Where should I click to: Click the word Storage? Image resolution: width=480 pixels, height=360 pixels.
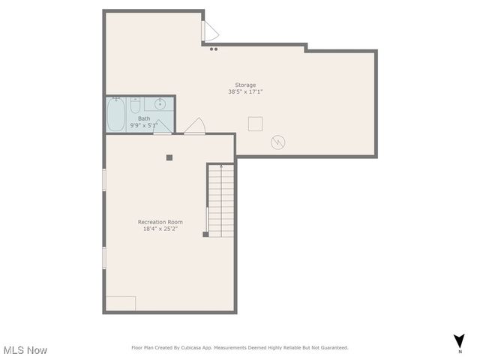[245, 85]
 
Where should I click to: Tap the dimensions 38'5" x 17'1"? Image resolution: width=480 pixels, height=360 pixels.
[245, 91]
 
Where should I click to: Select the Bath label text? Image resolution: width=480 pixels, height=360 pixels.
[143, 118]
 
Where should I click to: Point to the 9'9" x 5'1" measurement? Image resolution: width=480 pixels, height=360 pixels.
[143, 125]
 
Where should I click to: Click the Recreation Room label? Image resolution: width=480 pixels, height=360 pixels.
[160, 222]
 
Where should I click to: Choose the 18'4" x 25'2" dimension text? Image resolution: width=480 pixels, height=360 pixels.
[160, 229]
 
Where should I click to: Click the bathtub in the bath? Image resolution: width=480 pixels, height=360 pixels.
[116, 115]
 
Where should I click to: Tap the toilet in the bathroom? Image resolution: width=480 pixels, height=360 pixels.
[135, 106]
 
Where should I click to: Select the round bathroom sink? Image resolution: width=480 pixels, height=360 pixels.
[159, 104]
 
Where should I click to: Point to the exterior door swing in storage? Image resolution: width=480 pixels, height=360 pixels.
[210, 31]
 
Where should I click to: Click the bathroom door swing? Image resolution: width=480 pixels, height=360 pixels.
[162, 127]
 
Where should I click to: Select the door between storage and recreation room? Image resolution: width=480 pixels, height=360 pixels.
[195, 126]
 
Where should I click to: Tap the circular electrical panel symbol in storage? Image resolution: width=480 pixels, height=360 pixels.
[278, 141]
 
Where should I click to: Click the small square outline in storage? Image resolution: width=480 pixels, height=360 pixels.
[255, 124]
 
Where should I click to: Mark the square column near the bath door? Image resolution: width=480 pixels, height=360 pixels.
[169, 157]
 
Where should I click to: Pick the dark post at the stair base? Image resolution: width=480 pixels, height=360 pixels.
[205, 235]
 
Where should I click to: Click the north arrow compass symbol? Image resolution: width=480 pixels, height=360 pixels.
[459, 341]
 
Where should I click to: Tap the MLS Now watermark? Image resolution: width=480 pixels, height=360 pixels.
[25, 350]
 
